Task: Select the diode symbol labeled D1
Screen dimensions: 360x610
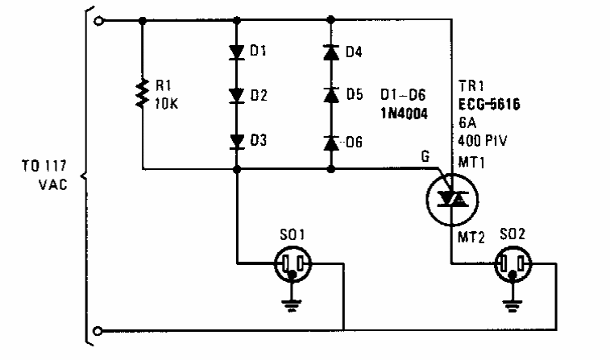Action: tap(237, 52)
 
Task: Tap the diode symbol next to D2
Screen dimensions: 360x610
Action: tap(237, 96)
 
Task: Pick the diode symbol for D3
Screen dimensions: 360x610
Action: tap(237, 142)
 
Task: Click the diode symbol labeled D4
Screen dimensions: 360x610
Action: tap(330, 52)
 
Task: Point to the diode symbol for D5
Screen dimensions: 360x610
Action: tap(330, 96)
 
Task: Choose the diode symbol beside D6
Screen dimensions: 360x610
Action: tap(330, 143)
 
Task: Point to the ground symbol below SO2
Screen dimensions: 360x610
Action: tap(511, 305)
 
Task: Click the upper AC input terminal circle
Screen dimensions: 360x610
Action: tap(98, 22)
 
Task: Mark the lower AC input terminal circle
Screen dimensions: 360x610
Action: tap(98, 330)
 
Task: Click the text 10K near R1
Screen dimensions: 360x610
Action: tap(167, 103)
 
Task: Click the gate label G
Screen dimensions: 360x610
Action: tap(425, 159)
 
